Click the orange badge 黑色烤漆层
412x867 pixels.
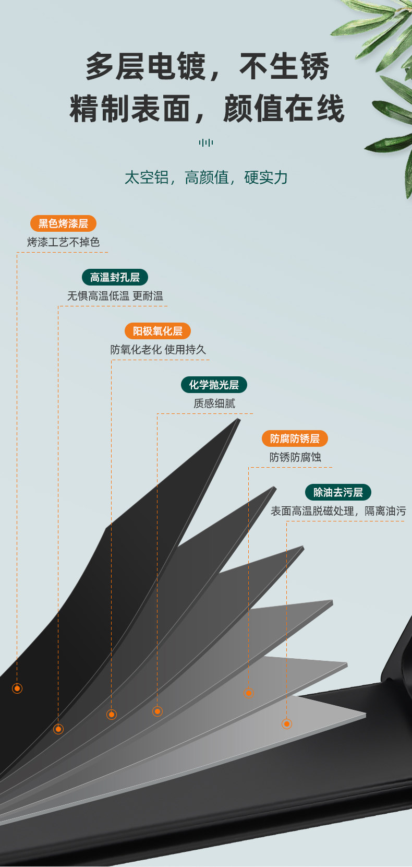(x=63, y=223)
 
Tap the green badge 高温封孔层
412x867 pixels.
(x=115, y=277)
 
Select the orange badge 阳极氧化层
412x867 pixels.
(x=157, y=331)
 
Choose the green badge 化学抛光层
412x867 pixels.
(x=214, y=385)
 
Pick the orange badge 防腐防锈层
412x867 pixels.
(x=295, y=438)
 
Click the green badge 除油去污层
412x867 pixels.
(x=338, y=492)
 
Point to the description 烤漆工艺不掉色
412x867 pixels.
(x=64, y=242)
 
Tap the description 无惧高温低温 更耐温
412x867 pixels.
(x=115, y=296)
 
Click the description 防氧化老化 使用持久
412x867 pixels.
(x=158, y=350)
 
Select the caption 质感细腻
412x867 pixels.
(x=214, y=403)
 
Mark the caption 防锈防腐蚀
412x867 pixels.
(x=295, y=457)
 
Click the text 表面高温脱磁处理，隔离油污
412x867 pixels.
(x=338, y=511)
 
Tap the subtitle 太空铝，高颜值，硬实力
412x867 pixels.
(x=206, y=177)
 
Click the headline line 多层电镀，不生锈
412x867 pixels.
(x=208, y=66)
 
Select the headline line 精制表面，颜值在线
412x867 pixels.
(x=207, y=109)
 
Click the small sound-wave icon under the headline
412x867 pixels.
(x=206, y=143)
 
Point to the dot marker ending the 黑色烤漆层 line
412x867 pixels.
(x=17, y=688)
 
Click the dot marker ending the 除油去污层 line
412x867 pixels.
(x=287, y=724)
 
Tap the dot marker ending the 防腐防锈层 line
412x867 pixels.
(x=249, y=693)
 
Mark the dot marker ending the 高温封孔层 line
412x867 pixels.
(x=58, y=729)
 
